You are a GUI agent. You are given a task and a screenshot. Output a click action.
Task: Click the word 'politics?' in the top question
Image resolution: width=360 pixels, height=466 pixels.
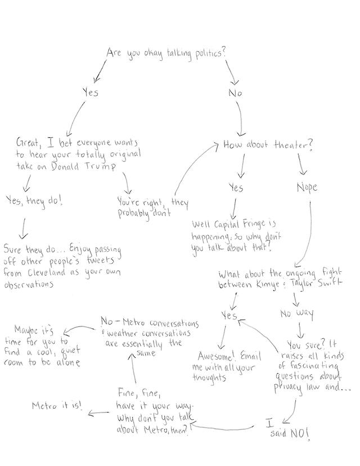206,53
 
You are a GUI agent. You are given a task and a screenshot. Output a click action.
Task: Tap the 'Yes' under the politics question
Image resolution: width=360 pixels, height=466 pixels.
90,92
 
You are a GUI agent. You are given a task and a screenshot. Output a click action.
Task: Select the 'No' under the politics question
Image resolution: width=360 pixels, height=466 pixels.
235,93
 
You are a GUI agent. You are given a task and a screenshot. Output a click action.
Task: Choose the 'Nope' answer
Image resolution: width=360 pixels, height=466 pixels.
307,188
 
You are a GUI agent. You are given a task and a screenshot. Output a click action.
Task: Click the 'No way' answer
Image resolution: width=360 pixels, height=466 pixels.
296,313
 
